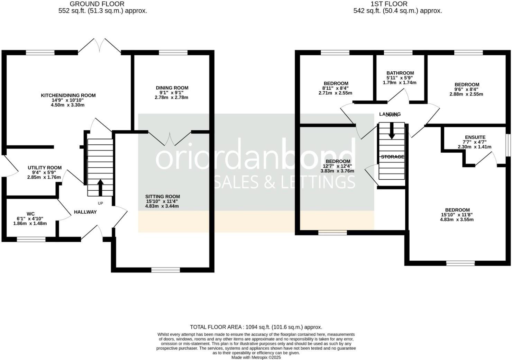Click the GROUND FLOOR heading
pos(97,4)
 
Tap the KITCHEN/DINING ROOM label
pos(68,95)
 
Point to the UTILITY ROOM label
pos(45,168)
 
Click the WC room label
pos(30,214)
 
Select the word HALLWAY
pos(85,212)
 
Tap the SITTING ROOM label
pos(163,196)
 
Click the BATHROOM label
pos(400,73)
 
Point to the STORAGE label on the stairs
pos(392,157)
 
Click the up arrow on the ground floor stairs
pos(100,187)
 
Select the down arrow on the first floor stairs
pos(391,132)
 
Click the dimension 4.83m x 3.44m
pos(162,206)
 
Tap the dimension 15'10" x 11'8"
pos(457,215)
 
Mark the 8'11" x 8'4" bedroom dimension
pos(336,88)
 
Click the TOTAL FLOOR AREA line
pos(256,327)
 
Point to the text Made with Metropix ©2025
pos(256,357)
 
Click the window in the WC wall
pos(31,239)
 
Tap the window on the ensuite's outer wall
pos(509,145)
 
